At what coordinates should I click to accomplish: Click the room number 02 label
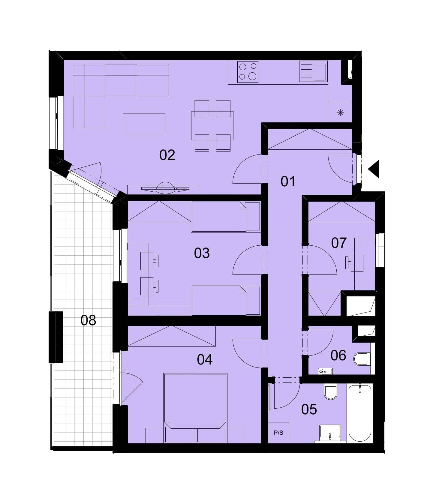(x=167, y=155)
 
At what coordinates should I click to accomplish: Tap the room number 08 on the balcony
(x=88, y=320)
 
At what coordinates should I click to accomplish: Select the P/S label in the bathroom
(x=278, y=433)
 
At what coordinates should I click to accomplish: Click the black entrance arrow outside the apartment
(x=374, y=169)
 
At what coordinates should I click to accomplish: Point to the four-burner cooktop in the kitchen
(x=248, y=72)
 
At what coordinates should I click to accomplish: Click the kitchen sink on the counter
(x=313, y=71)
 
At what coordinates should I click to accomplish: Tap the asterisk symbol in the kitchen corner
(x=340, y=113)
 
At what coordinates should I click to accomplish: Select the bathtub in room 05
(x=360, y=413)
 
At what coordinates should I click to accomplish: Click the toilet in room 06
(x=361, y=359)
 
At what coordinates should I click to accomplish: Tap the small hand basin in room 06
(x=325, y=371)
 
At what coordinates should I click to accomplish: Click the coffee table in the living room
(x=144, y=124)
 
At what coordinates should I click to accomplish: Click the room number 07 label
(x=339, y=243)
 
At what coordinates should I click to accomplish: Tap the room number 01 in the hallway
(x=288, y=181)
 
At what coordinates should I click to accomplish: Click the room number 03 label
(x=202, y=253)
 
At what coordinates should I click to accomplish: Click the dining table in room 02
(x=212, y=126)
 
